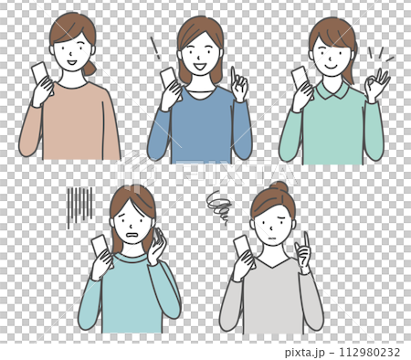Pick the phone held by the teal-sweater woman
click(x=100, y=246)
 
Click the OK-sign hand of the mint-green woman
click(x=375, y=85)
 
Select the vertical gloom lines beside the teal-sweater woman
click(x=80, y=206)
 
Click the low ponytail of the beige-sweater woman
click(x=88, y=68)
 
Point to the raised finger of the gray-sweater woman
click(x=305, y=239)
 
